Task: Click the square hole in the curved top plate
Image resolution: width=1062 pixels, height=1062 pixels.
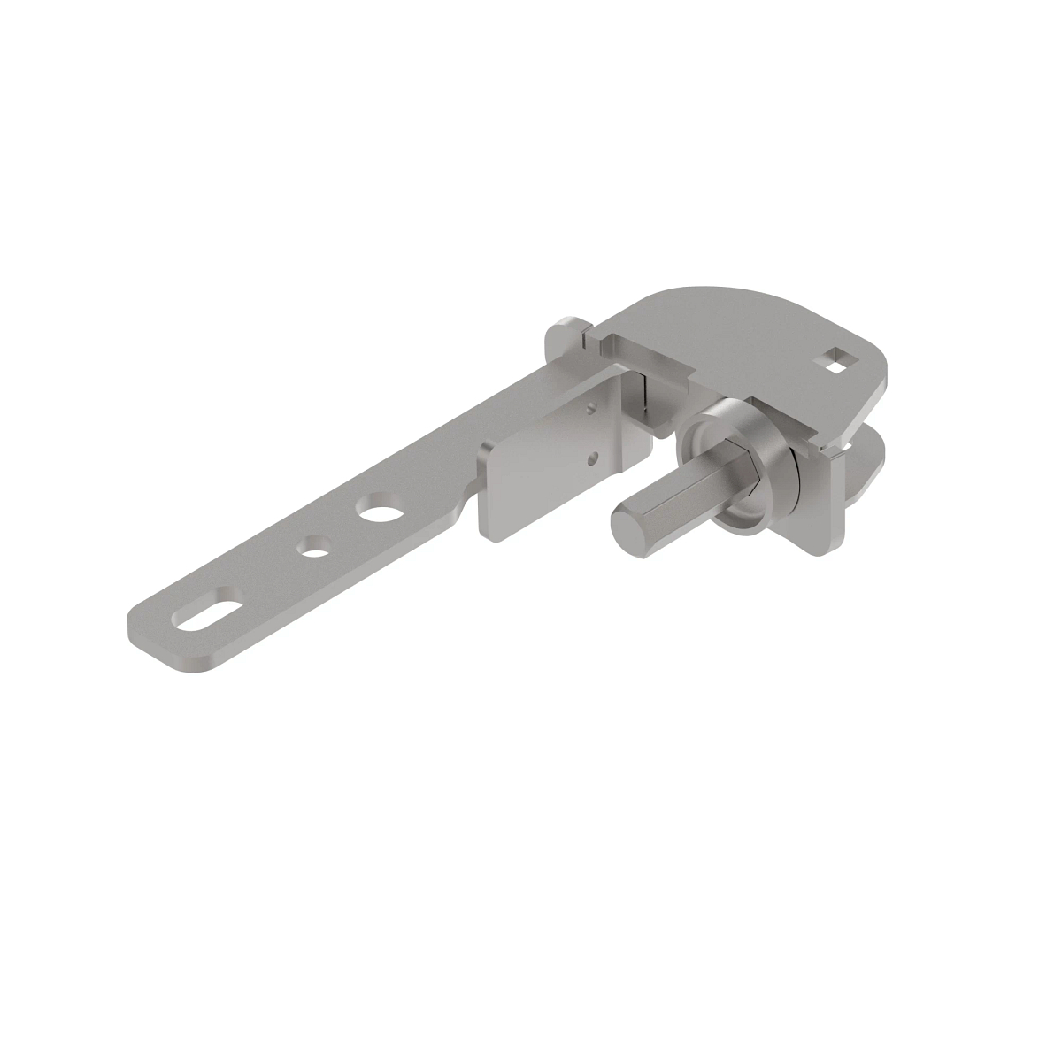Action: (x=834, y=359)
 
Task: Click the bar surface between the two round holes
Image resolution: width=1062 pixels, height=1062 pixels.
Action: (x=345, y=528)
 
